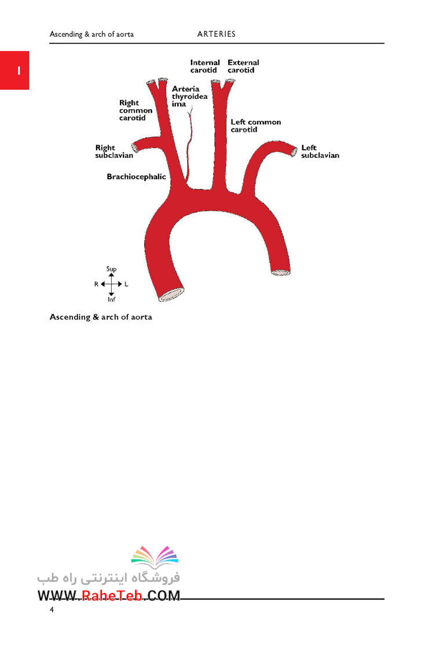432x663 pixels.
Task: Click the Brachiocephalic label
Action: tap(136, 177)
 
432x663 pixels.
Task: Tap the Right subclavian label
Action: tap(114, 152)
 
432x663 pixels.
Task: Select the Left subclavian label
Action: tap(320, 152)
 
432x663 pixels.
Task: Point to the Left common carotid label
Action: tap(255, 126)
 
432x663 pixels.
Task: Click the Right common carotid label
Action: tap(136, 110)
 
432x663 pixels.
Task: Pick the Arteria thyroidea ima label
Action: tap(189, 97)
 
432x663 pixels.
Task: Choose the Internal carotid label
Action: tap(205, 67)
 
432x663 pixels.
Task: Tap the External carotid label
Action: tap(243, 67)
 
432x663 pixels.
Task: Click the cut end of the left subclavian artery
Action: tap(294, 152)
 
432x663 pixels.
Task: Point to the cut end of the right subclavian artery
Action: tap(135, 148)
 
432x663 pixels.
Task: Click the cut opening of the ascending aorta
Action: tap(171, 294)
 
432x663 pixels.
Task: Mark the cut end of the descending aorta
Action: tap(280, 272)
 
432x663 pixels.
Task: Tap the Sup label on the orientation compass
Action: tap(111, 269)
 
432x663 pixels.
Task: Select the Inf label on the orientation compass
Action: tap(111, 299)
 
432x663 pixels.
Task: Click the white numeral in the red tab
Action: tap(19, 71)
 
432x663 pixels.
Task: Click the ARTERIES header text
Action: tap(216, 34)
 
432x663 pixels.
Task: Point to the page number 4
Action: tap(52, 609)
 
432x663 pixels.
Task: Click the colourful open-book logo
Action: tap(155, 557)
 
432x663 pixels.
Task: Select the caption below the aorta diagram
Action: tap(101, 317)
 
